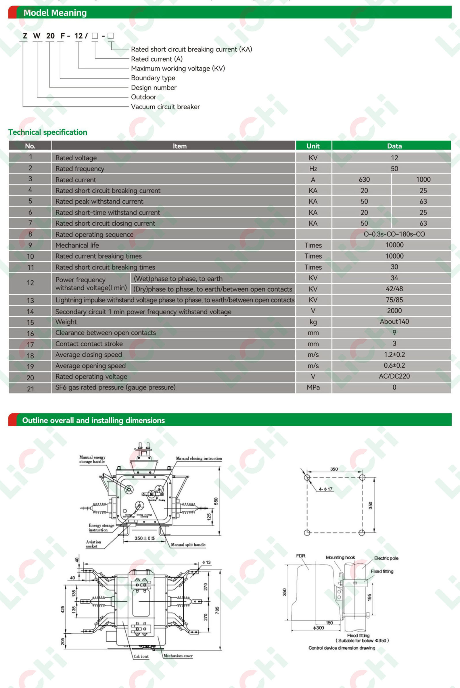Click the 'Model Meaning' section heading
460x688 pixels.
pos(55,13)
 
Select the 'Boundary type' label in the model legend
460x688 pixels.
pos(153,78)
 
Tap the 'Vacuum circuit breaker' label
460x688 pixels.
pos(165,107)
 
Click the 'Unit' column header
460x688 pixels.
pos(313,146)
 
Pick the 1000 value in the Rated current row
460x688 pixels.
pos(423,180)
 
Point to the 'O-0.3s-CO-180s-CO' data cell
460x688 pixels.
pos(394,234)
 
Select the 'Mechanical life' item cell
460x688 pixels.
pos(77,245)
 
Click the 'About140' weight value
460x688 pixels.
pos(394,321)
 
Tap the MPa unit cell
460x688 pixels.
pos(313,387)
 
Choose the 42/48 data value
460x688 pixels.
pos(394,289)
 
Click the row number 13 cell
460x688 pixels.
pos(30,300)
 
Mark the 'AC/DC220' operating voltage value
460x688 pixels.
pos(394,376)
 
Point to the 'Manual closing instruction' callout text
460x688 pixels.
pos(199,458)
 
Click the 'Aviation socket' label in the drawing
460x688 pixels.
pos(93,544)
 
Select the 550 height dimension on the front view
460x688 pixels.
pos(216,501)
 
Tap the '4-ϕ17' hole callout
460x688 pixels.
pos(326,489)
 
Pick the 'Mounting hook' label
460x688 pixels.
pos(340,557)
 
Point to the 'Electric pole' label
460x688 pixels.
pos(386,558)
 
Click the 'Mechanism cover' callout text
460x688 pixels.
pos(178,656)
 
